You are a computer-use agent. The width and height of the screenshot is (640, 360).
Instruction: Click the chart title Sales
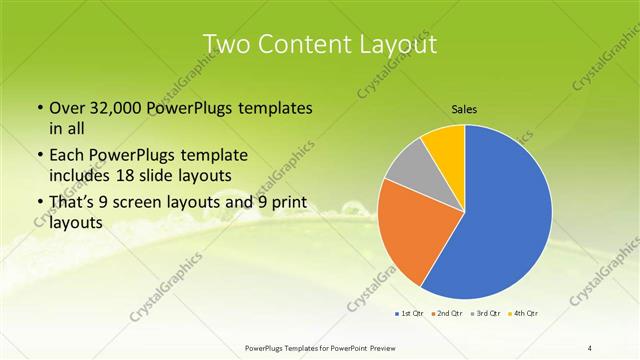click(x=465, y=109)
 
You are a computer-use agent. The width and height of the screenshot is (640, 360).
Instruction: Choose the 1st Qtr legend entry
click(x=410, y=314)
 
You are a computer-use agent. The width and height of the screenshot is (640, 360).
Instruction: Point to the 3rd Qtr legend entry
click(x=487, y=314)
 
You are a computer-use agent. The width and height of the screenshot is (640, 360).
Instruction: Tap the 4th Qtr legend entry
click(x=526, y=314)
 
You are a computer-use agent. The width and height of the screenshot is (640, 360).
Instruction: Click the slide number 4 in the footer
click(x=590, y=347)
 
